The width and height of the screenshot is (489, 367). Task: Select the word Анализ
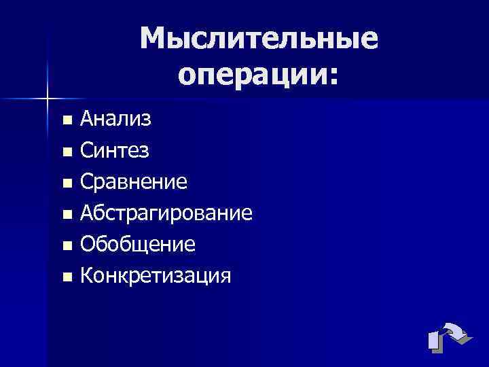(115, 120)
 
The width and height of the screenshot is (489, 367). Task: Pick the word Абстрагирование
(166, 213)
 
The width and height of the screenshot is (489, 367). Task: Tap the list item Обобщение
(138, 244)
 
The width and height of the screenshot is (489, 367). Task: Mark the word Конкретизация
(156, 275)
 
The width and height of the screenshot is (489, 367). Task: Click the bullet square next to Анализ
(66, 121)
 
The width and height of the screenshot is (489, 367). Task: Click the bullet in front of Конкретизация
(66, 277)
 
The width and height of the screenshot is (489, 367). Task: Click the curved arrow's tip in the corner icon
(462, 334)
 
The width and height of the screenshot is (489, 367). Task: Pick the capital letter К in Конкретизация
(86, 275)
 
